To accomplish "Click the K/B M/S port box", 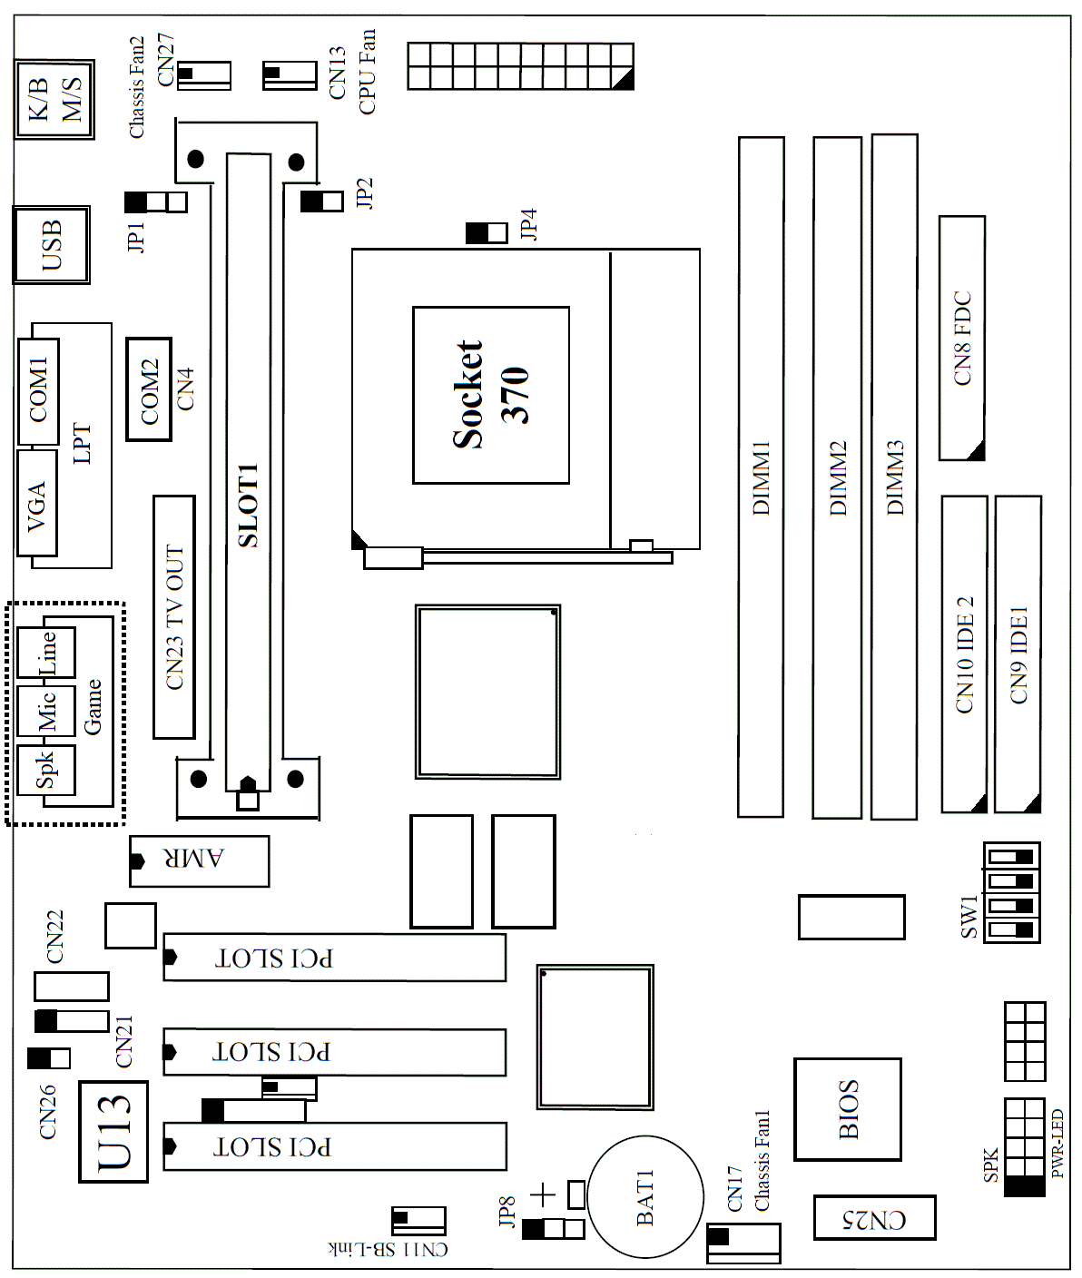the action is [54, 100].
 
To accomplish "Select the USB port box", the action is [52, 245].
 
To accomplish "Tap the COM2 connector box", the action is [149, 388].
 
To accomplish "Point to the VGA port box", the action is [37, 503].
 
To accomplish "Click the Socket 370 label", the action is [491, 395].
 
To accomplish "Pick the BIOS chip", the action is [848, 1109].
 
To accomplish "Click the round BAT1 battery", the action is [645, 1197].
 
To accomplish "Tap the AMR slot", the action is [199, 861].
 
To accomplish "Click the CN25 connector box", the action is [874, 1218].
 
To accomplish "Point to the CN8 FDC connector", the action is [962, 339].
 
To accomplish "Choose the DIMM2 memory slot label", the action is [838, 478].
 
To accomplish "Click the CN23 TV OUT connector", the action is [174, 617].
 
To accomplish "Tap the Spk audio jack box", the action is [46, 770].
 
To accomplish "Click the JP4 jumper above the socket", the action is [487, 233].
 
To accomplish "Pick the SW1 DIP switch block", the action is [1011, 893].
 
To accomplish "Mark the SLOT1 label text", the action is [248, 506].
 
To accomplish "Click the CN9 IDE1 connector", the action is [1018, 654].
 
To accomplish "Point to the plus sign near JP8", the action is [544, 1194].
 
